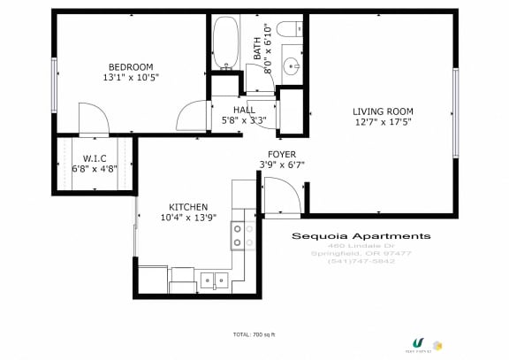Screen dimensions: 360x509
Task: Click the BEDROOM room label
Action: click(130, 67)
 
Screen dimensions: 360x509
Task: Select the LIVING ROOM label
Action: click(383, 111)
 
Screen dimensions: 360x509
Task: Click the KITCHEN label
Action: click(184, 206)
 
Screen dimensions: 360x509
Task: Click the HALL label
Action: click(244, 111)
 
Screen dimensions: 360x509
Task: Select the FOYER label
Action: click(282, 153)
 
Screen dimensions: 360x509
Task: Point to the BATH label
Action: click(257, 46)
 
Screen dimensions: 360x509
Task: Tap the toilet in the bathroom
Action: click(290, 30)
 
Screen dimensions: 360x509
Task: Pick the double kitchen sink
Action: click(212, 280)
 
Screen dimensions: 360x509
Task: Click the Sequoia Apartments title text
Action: click(361, 236)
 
